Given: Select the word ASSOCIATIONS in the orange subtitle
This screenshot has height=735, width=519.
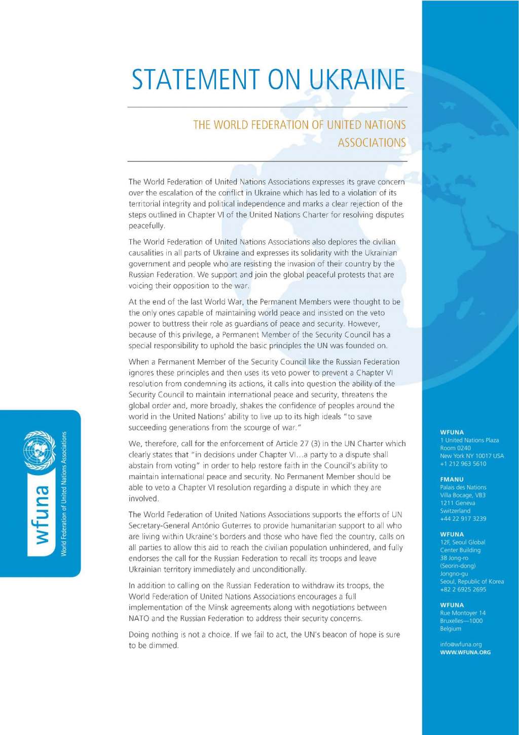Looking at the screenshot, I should (x=372, y=143).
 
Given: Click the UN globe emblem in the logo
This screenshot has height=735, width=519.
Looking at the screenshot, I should (x=40, y=450).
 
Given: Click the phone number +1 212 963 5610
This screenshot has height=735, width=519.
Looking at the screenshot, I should (x=463, y=464).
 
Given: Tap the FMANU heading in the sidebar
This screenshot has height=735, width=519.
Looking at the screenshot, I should (x=452, y=479).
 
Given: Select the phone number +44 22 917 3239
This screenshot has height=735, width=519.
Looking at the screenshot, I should (x=463, y=519).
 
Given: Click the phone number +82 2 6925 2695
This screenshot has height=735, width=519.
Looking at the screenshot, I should (x=463, y=589).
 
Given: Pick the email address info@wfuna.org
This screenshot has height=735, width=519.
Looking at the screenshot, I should (x=461, y=644).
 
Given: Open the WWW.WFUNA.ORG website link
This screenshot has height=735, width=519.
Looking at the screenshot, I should (x=465, y=652).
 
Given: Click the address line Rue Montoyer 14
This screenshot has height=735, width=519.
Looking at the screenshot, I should (x=463, y=613).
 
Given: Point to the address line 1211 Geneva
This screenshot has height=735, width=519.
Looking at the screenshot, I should (x=457, y=503).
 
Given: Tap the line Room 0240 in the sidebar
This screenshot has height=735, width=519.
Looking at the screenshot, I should (x=455, y=448).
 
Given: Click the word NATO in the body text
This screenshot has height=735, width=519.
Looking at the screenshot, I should (x=139, y=618).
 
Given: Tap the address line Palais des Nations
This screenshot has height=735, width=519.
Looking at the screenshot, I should (x=463, y=487).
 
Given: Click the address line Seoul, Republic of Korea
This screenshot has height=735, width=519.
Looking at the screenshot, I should (x=472, y=582).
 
